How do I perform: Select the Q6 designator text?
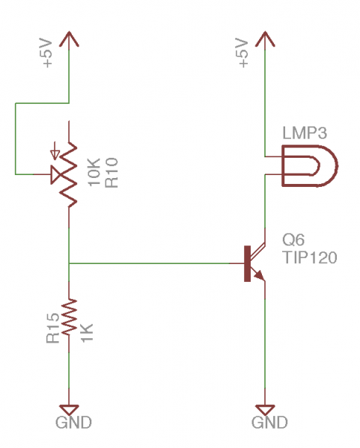(293, 240)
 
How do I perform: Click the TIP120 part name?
(310, 257)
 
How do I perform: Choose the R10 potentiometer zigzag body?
(69, 174)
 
